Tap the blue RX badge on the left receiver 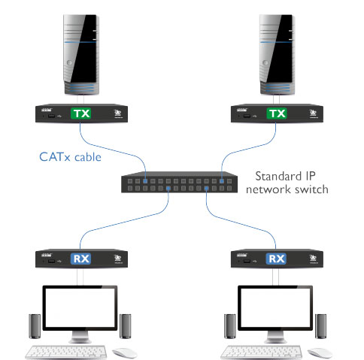pos(80,259)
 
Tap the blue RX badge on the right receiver pos(278,259)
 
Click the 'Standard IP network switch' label pos(288,181)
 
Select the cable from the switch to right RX pos(241,225)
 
